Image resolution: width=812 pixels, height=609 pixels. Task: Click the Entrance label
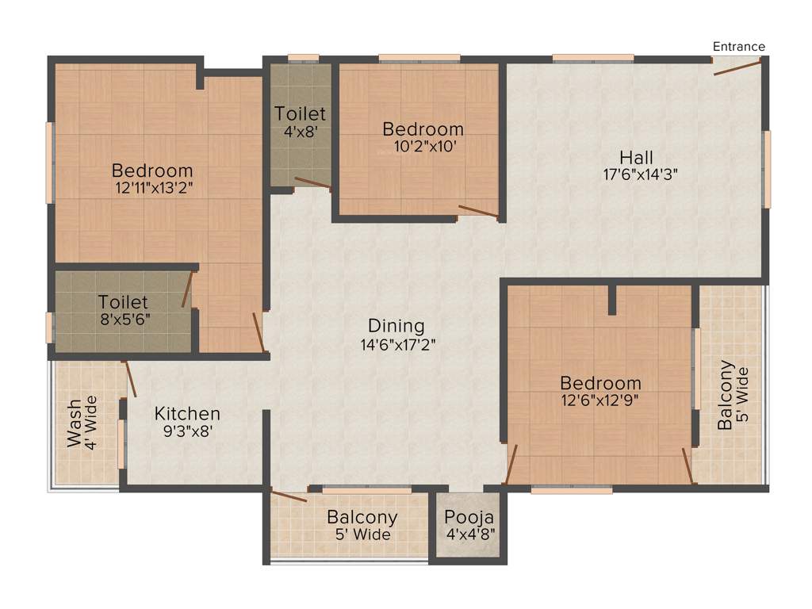pos(738,47)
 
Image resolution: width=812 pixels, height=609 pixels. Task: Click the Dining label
pos(396,326)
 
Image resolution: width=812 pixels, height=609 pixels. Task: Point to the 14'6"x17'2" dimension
pos(396,345)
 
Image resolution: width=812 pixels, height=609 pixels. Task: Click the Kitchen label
pos(187,414)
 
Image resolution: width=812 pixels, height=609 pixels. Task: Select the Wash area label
pos(73,424)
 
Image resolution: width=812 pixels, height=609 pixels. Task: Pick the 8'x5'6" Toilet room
pos(123,310)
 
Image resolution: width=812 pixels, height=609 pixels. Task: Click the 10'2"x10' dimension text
pos(423,146)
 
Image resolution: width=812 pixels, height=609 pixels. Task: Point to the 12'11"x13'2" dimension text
pos(153,188)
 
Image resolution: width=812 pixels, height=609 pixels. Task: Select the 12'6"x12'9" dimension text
pos(600,400)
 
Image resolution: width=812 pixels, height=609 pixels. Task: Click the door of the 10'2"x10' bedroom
pos(478,211)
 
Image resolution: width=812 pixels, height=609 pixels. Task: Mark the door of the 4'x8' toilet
pos(312,184)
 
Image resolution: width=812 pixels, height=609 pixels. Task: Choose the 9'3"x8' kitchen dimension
pos(187,431)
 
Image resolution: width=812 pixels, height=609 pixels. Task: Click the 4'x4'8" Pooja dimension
pos(468,534)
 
